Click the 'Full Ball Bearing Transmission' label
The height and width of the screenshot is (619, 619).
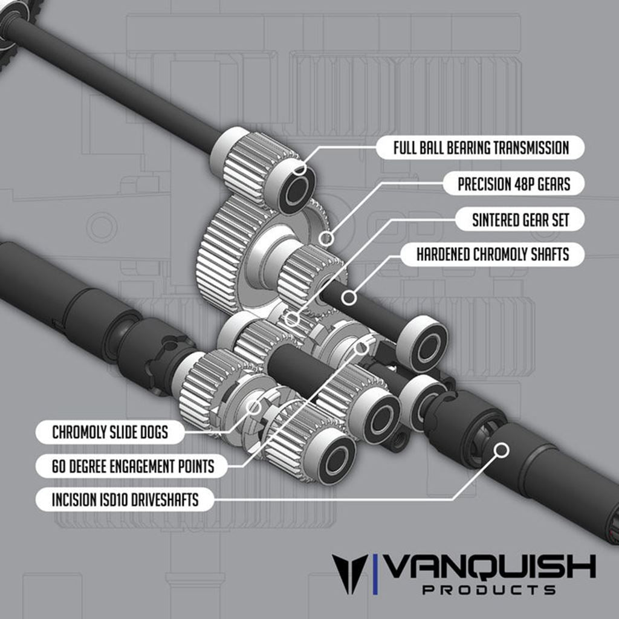[x=481, y=147]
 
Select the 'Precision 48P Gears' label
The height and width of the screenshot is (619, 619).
[x=513, y=184]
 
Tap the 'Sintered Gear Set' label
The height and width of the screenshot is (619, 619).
[x=520, y=220]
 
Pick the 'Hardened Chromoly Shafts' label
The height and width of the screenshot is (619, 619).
[x=492, y=254]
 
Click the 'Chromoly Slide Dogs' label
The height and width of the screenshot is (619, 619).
[x=109, y=432]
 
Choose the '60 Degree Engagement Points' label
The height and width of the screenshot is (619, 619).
[x=125, y=466]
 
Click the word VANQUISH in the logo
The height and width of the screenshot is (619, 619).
[x=490, y=567]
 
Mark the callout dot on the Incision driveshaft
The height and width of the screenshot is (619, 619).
[x=501, y=450]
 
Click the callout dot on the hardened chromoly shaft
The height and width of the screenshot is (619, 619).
[x=347, y=297]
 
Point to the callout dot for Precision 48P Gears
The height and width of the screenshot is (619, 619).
[x=326, y=238]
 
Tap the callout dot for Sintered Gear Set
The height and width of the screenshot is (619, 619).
[x=293, y=318]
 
